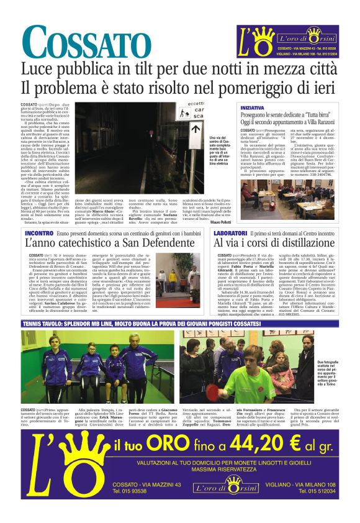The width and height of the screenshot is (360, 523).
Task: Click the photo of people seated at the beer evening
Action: coord(289,196)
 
